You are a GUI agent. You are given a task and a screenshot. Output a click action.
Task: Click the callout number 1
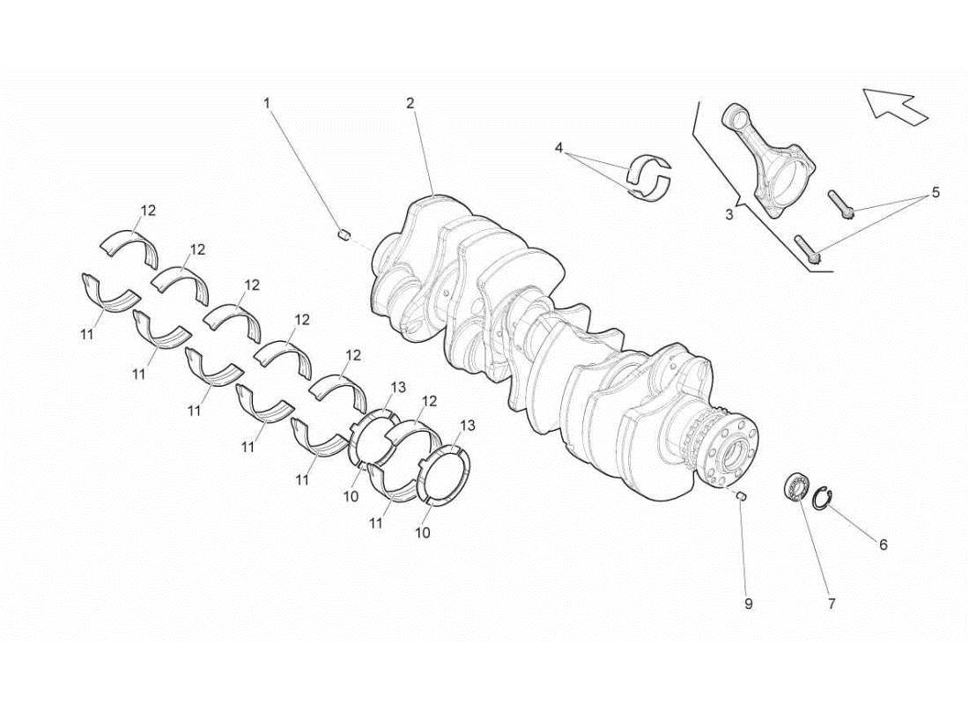[x=267, y=103]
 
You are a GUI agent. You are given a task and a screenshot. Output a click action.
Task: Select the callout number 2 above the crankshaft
[x=410, y=103]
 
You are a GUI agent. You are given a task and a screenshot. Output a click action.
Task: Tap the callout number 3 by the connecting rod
[x=728, y=214]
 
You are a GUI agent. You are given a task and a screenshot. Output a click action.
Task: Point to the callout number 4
[x=558, y=148]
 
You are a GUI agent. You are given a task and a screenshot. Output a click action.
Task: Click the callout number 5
[x=936, y=192]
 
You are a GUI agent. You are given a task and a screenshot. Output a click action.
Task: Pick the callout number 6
[x=883, y=545]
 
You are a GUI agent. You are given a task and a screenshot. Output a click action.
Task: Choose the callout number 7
[x=831, y=604]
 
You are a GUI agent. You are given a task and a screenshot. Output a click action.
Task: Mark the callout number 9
[x=748, y=604]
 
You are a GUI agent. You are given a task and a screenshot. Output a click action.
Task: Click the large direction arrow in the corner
[x=895, y=103]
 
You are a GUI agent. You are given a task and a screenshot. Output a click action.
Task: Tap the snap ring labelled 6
[x=821, y=498]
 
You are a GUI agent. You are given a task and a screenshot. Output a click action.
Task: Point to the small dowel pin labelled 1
[x=344, y=234]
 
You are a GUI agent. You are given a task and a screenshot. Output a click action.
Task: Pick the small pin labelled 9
[x=741, y=495]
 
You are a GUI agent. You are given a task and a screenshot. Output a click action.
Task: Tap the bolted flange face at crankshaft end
[x=733, y=454]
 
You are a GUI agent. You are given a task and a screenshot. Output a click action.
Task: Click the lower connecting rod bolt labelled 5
[x=808, y=249]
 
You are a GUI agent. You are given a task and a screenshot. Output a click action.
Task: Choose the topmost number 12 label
[x=148, y=210]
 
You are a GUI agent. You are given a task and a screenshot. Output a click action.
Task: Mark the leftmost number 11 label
[x=86, y=334]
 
